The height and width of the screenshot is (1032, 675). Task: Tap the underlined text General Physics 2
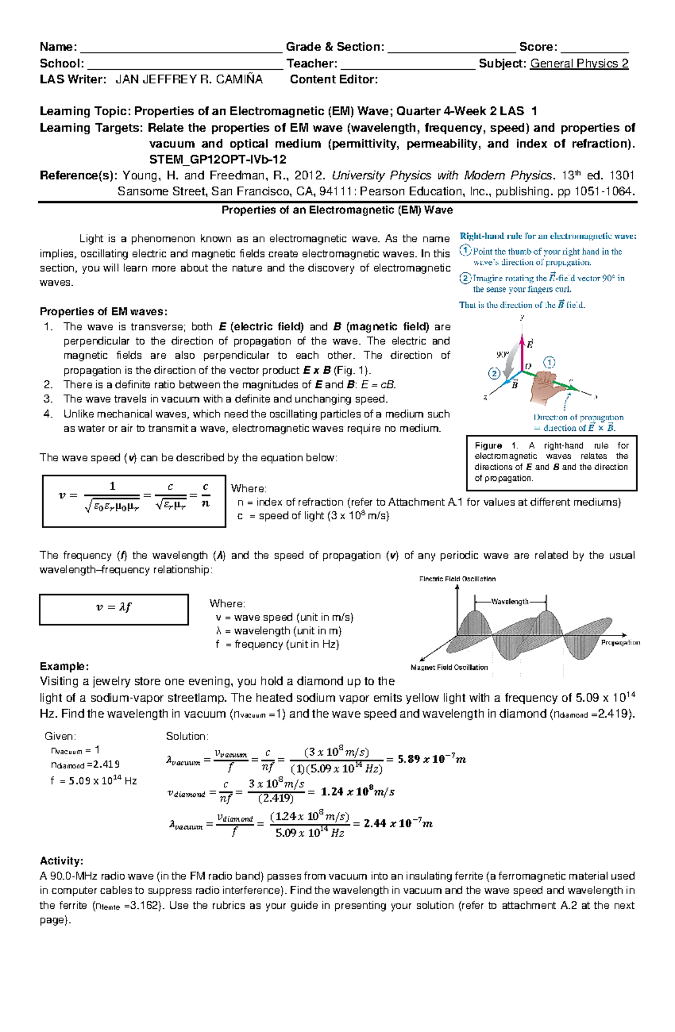579,64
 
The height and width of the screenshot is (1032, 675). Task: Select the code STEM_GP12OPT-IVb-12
218,159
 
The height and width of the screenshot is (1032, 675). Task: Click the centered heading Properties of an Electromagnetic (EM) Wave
337,210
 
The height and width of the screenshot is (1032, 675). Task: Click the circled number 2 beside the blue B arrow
494,373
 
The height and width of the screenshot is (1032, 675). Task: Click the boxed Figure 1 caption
551,462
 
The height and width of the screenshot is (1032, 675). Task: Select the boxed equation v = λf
114,609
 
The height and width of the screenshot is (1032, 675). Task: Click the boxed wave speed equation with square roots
134,501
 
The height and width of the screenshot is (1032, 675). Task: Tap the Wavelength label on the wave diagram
510,601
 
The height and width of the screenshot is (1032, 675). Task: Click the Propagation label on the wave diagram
620,642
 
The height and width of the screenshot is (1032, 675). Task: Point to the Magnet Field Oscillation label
449,668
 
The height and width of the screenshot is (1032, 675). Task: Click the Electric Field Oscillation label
457,579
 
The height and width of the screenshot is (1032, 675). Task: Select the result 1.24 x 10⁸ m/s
357,792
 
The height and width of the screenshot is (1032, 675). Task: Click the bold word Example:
64,666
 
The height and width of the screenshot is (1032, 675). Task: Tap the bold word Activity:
61,861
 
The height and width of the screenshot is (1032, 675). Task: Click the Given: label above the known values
60,736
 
